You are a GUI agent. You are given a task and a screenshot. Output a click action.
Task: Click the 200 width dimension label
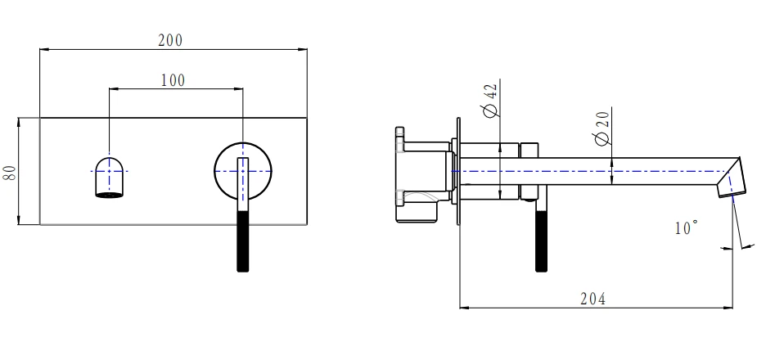click(x=170, y=40)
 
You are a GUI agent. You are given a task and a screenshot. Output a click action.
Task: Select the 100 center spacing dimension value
click(x=172, y=79)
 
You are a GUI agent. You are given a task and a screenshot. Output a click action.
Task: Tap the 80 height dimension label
click(x=11, y=171)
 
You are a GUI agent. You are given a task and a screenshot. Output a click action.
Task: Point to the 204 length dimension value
click(x=593, y=299)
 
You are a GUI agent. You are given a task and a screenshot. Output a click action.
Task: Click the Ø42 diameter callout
click(x=491, y=100)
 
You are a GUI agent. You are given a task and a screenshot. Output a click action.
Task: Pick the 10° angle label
click(x=686, y=228)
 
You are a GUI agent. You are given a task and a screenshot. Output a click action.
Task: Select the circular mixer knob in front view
click(x=242, y=170)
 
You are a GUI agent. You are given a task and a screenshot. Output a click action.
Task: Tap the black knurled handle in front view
click(x=242, y=242)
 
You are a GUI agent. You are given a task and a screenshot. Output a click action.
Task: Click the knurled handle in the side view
click(x=539, y=242)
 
